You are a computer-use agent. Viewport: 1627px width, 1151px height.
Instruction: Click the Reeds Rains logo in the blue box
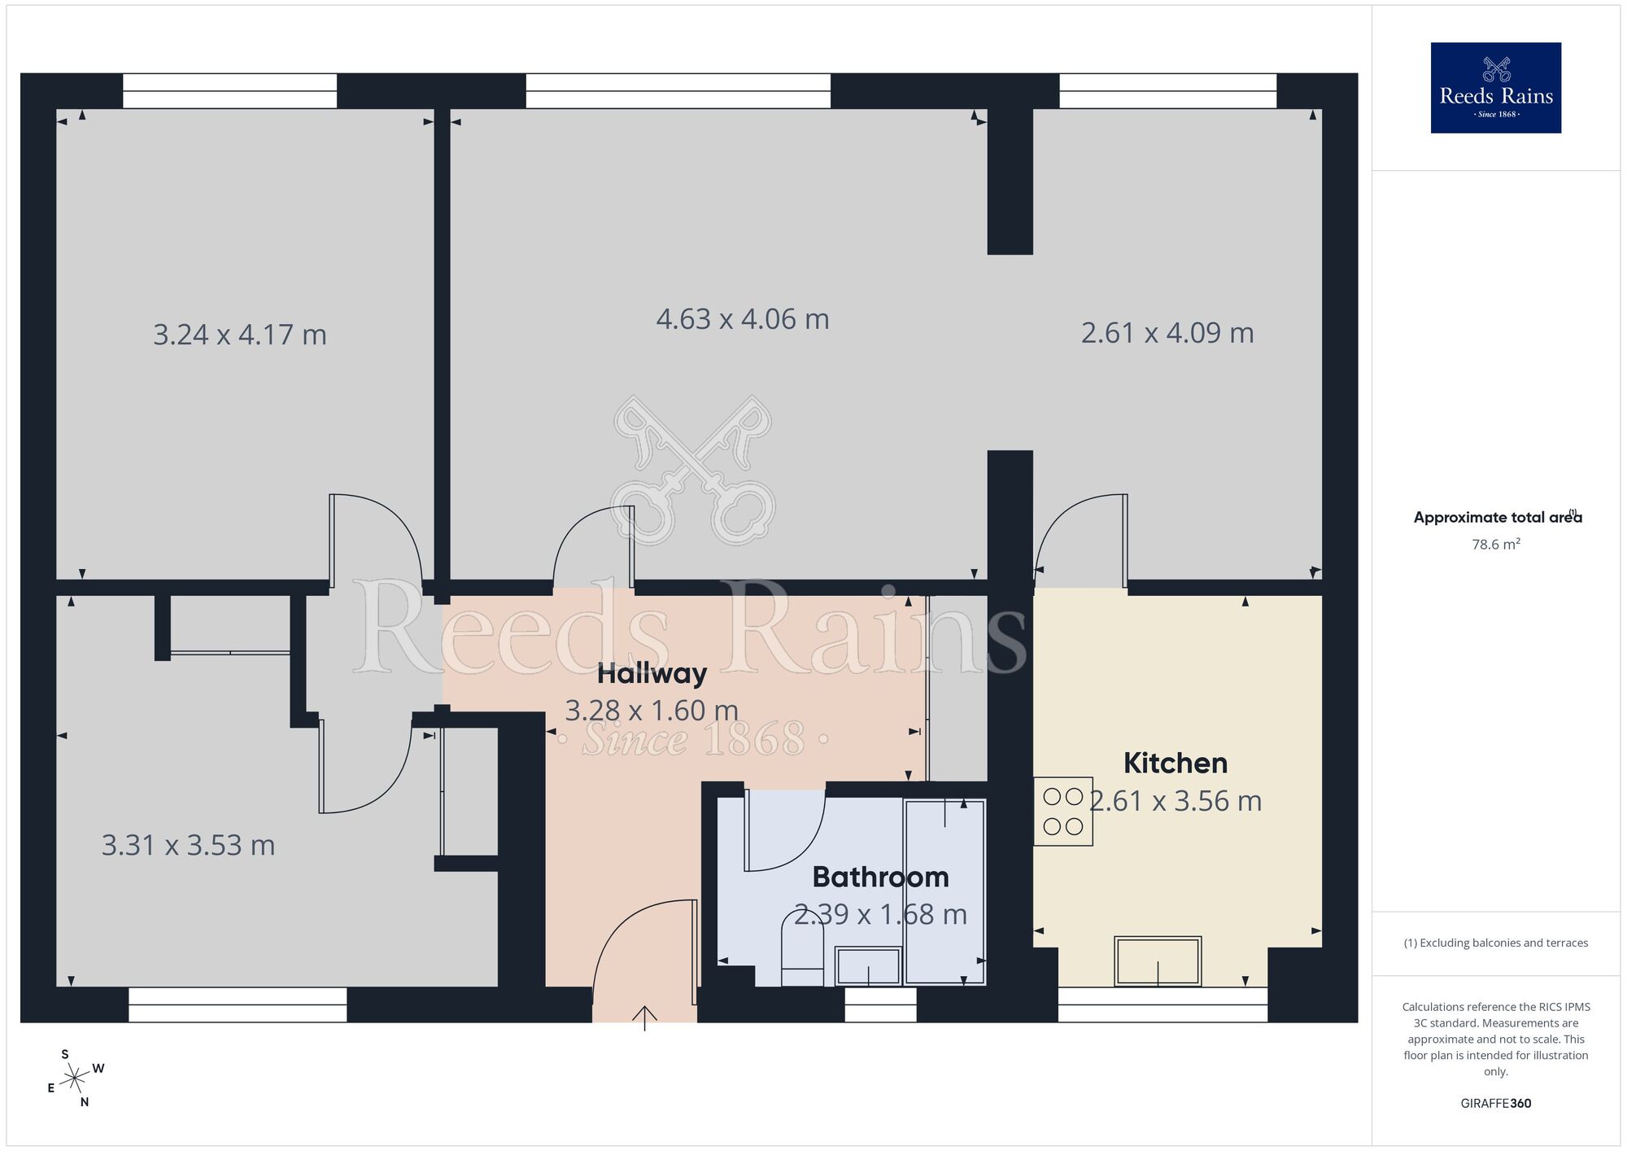1495,88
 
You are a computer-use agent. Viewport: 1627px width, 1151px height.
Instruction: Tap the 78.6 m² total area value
1495,545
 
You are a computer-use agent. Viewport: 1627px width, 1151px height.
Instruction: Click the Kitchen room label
1175,764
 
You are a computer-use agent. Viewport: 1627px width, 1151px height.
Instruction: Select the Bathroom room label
880,877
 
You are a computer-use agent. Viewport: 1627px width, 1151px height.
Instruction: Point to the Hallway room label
652,674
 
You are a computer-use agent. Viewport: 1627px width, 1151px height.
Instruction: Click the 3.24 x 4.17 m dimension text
240,335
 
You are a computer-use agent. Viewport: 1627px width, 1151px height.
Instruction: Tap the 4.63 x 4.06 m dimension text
742,319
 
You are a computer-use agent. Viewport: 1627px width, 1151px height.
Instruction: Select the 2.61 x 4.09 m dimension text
1167,333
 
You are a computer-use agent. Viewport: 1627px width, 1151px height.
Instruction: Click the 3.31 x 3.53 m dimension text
188,846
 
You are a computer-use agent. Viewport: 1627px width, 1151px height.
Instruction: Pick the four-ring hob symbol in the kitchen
1062,812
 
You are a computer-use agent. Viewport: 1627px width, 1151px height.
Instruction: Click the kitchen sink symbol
1158,961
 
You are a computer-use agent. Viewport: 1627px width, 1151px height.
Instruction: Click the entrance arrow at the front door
644,1018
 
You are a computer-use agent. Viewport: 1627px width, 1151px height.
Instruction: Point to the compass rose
75,1079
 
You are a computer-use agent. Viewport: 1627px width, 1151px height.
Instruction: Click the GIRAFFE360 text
1495,1104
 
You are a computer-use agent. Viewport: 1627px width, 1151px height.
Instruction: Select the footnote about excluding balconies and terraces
1495,943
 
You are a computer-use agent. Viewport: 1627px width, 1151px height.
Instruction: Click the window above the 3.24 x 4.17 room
229,91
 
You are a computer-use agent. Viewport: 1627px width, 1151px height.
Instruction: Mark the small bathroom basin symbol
868,966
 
